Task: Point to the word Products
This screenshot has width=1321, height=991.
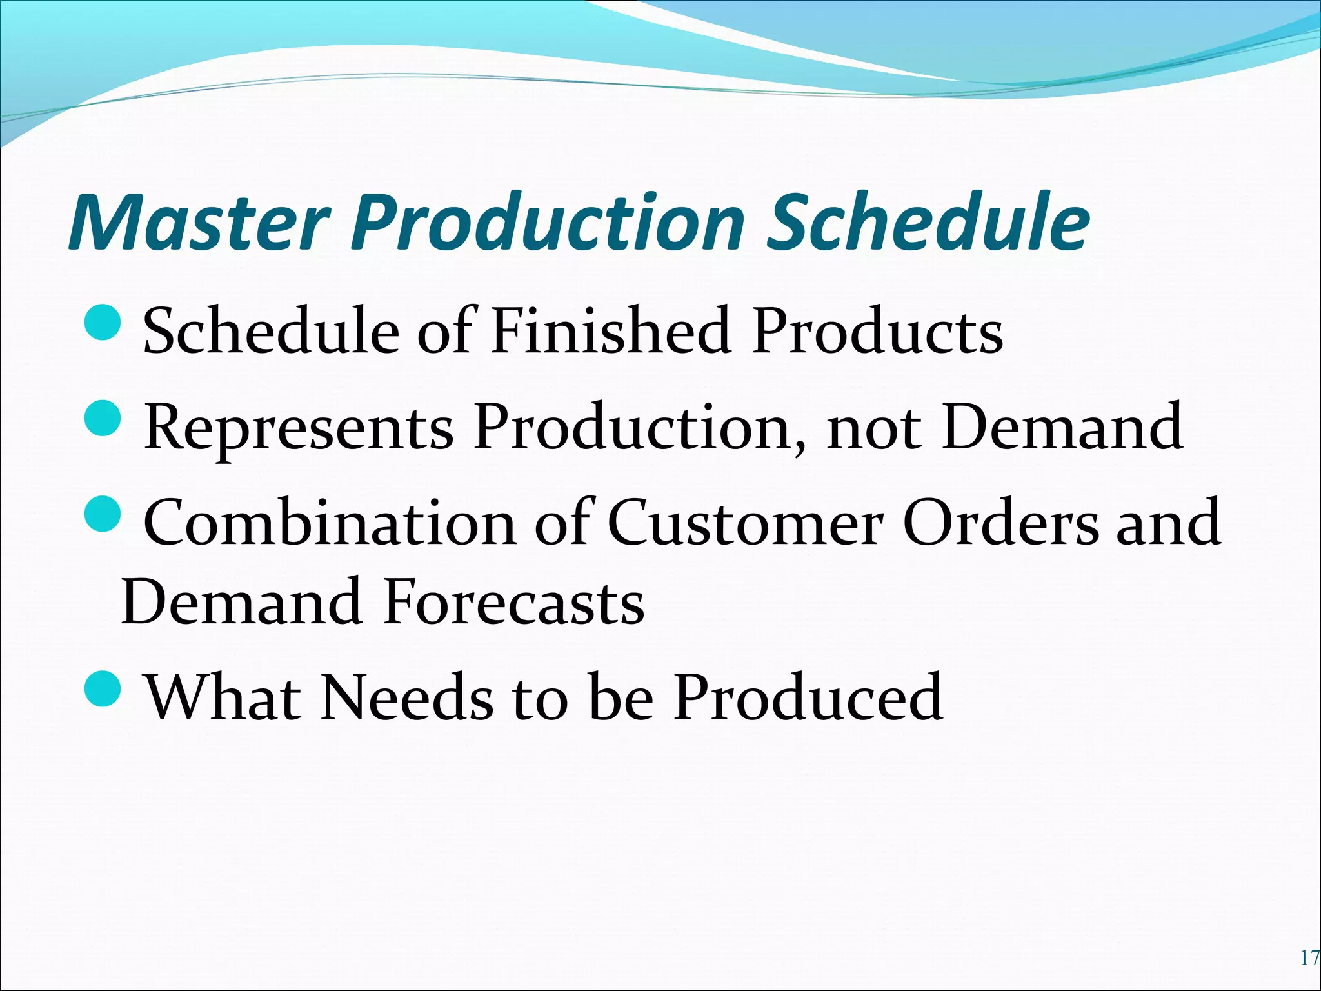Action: [877, 331]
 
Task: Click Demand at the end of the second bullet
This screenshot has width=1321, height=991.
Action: [1062, 427]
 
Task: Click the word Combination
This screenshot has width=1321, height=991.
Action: [330, 523]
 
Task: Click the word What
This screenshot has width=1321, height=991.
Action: [223, 697]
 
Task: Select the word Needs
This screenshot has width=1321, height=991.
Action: [407, 697]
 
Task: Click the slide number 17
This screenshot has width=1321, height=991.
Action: [1309, 957]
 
